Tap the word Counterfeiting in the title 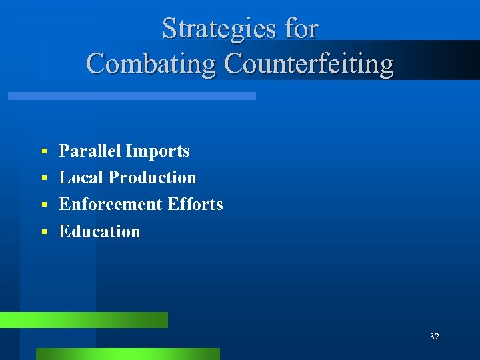pyautogui.click(x=309, y=64)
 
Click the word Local pyautogui.click(x=81, y=177)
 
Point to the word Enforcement pyautogui.click(x=111, y=204)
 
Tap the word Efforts pyautogui.click(x=195, y=204)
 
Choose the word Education pyautogui.click(x=100, y=231)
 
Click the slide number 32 pyautogui.click(x=435, y=337)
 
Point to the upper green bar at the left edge pyautogui.click(x=83, y=320)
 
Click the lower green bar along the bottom pyautogui.click(x=127, y=354)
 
